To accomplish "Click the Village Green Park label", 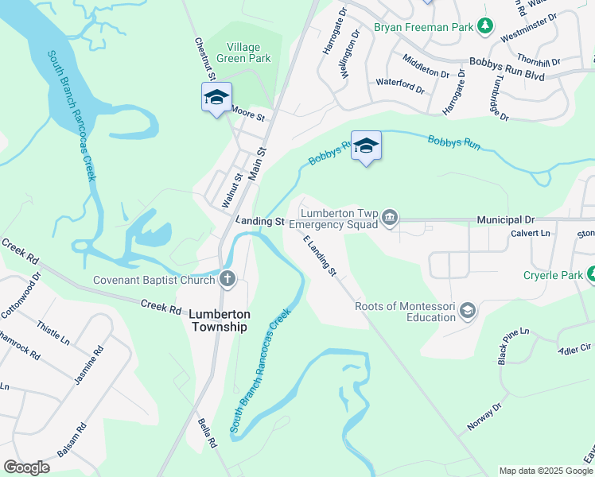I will click(x=248, y=52).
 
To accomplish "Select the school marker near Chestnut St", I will click(x=216, y=98).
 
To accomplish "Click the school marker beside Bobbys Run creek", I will click(x=366, y=146).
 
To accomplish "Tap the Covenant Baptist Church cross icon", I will click(x=227, y=279).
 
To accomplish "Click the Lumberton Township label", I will click(x=220, y=320).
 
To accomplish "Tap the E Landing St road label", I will click(x=320, y=256).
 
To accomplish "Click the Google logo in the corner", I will click(x=26, y=467).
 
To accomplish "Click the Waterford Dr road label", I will click(x=400, y=85).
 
